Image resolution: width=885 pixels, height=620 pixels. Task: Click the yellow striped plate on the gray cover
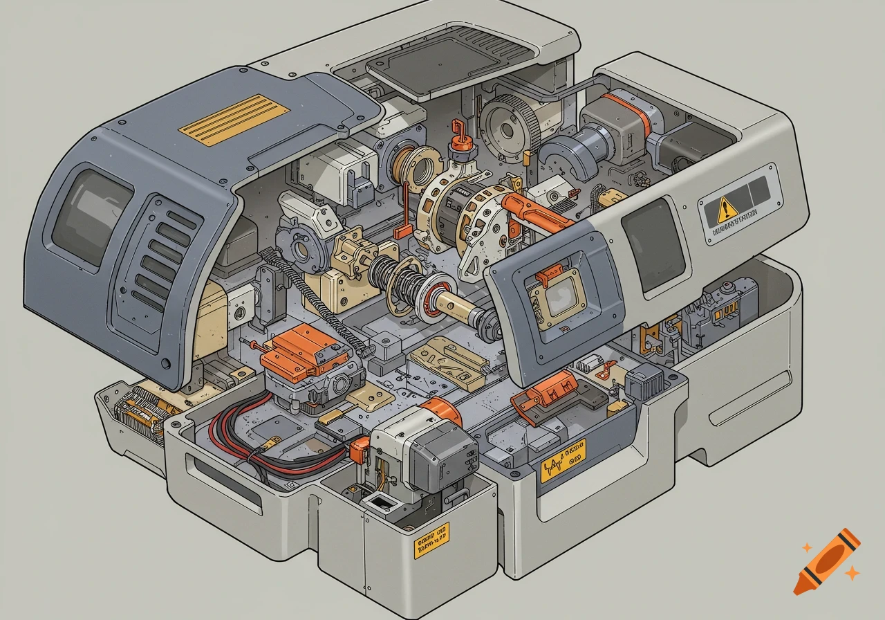click(x=234, y=119)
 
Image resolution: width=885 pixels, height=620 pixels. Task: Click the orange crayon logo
click(x=826, y=562)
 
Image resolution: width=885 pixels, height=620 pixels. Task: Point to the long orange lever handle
click(x=540, y=211)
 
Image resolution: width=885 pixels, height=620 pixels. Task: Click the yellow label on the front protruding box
click(x=431, y=540)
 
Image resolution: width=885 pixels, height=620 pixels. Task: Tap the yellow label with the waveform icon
click(x=562, y=459)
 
